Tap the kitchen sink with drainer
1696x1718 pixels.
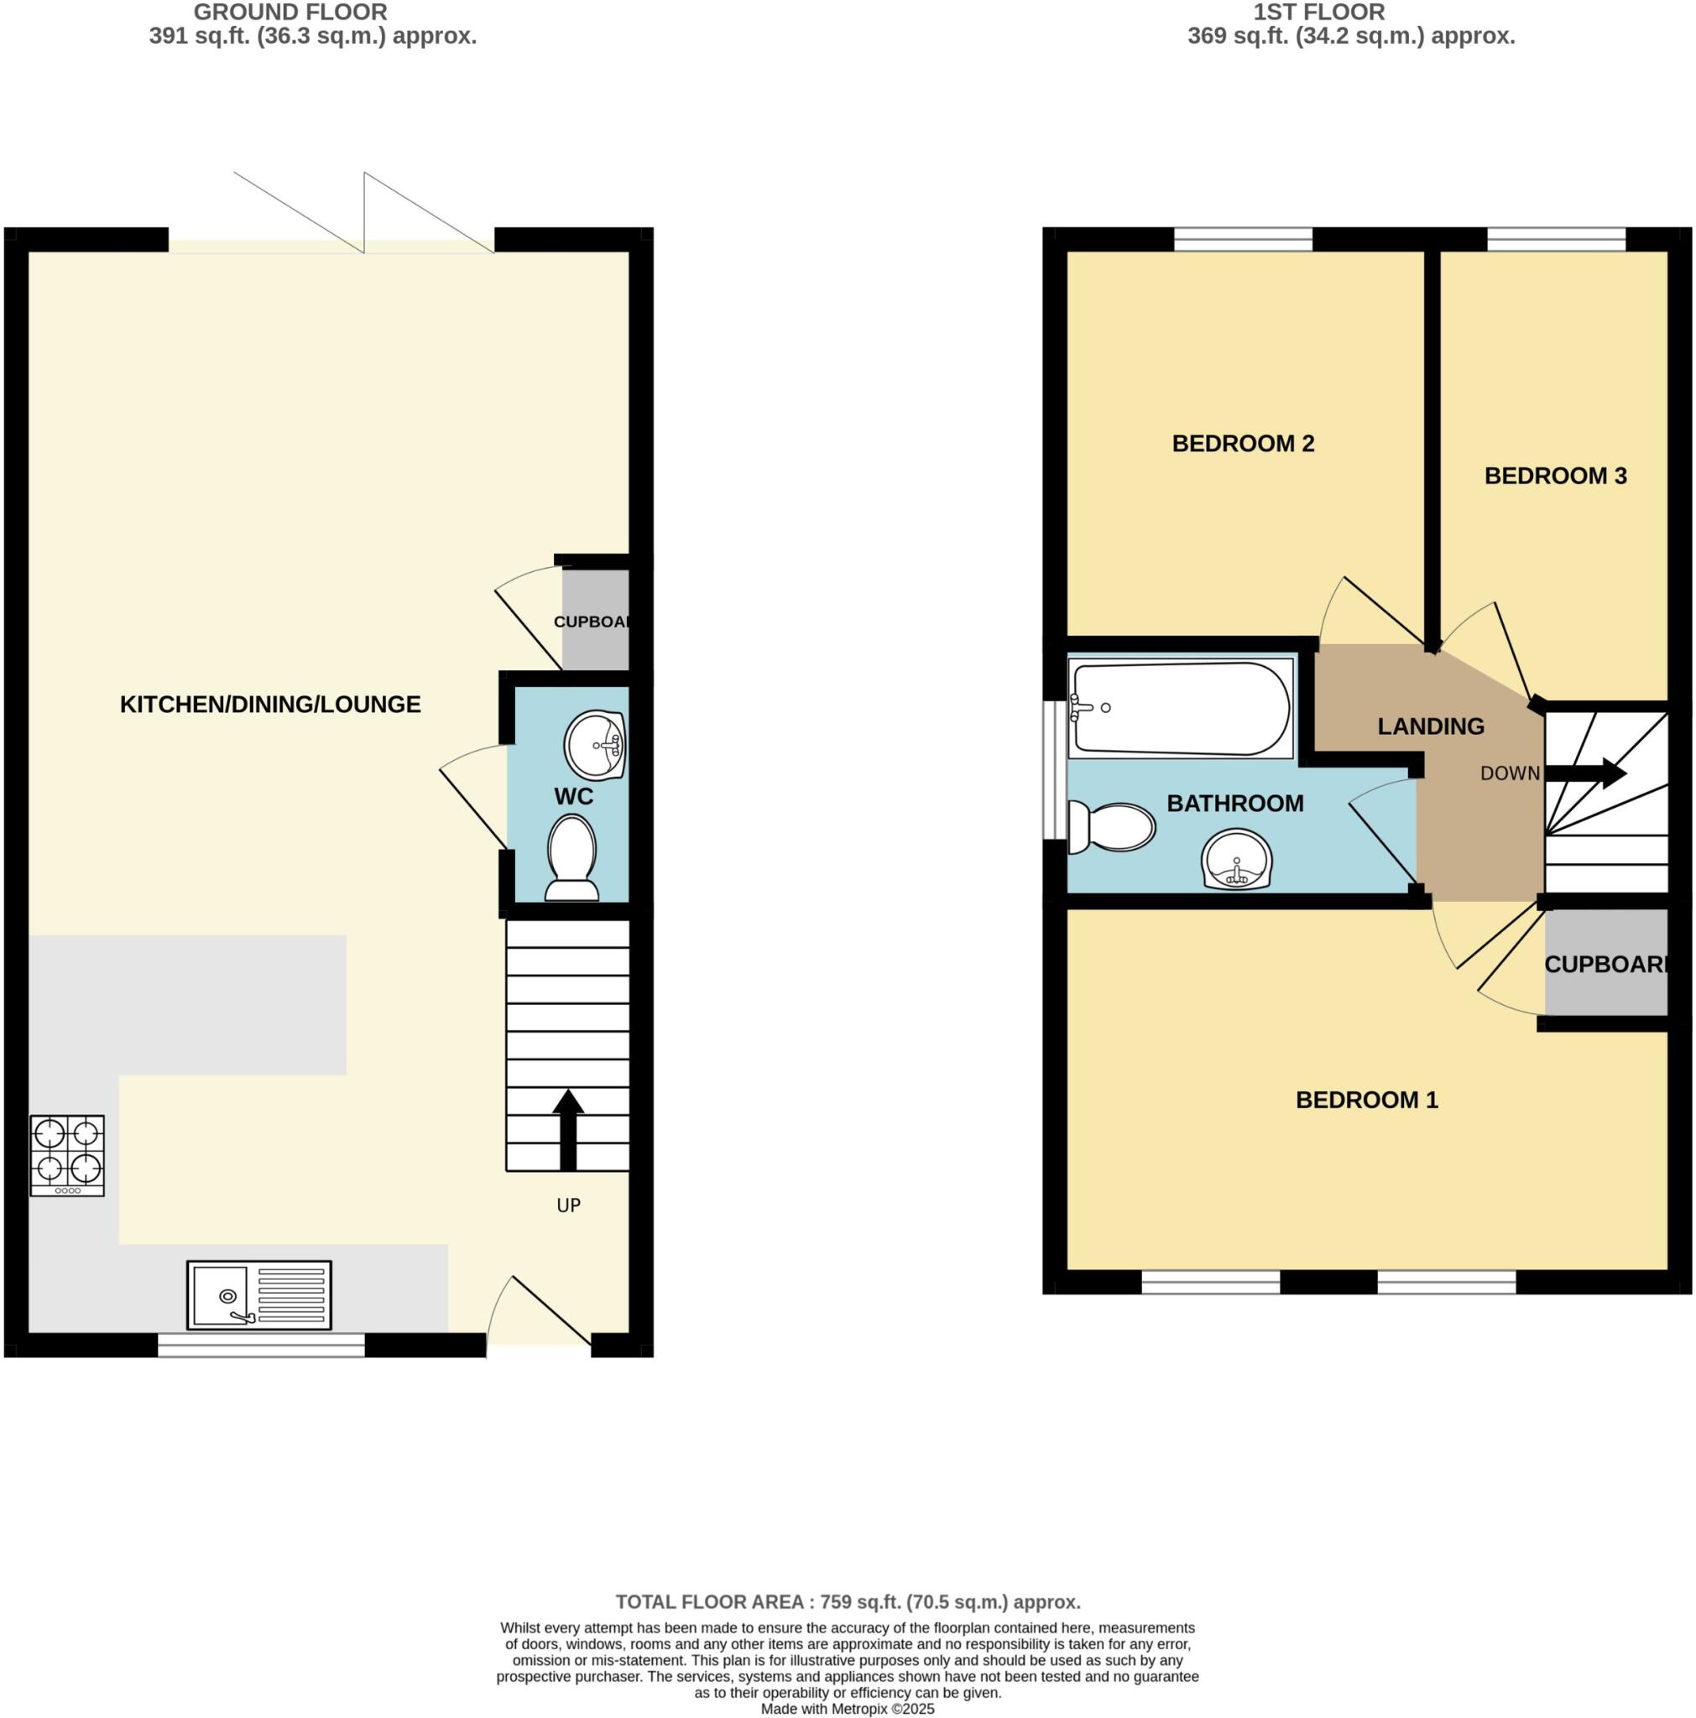[258, 1294]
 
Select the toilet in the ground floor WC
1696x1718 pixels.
[571, 858]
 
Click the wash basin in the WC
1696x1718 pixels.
[594, 743]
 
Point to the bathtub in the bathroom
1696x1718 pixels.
[1180, 708]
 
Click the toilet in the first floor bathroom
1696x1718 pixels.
[1112, 826]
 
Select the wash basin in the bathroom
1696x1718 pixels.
[1236, 859]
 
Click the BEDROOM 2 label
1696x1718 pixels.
[1243, 443]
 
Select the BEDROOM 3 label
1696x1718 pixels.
[1554, 476]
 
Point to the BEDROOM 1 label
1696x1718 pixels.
[1366, 1100]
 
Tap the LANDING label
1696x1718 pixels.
[1430, 726]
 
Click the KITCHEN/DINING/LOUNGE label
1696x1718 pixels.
[269, 705]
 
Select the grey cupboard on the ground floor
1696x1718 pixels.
[595, 620]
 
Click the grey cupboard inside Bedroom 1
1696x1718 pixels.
[1605, 963]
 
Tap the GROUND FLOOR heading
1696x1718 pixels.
[290, 13]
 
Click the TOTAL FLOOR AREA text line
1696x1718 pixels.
[848, 1602]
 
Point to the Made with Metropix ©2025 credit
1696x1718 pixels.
[848, 1709]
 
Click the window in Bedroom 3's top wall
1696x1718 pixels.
[1556, 239]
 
